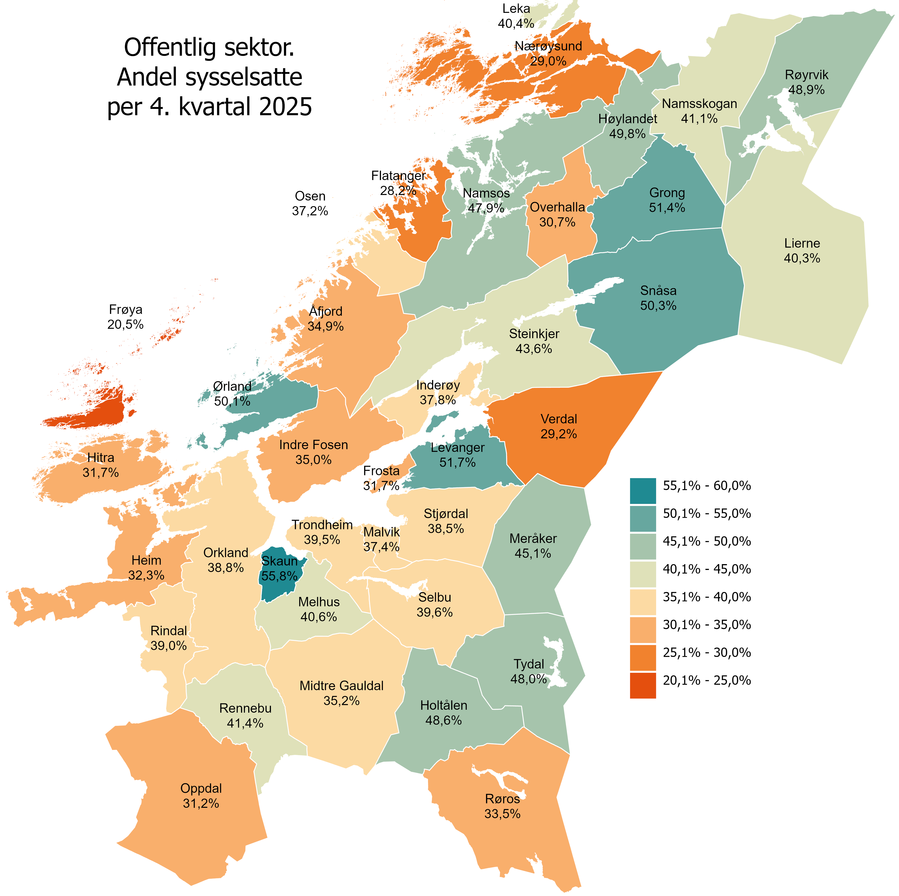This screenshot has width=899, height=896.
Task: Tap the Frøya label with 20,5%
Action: [126, 317]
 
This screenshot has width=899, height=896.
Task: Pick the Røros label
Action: [502, 799]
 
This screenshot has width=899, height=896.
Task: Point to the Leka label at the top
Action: [516, 9]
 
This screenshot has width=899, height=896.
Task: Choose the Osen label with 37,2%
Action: [310, 203]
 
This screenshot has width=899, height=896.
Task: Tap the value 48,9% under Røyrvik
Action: [807, 90]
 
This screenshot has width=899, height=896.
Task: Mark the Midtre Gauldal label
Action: [342, 686]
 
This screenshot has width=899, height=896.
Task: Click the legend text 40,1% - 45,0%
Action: [707, 569]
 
